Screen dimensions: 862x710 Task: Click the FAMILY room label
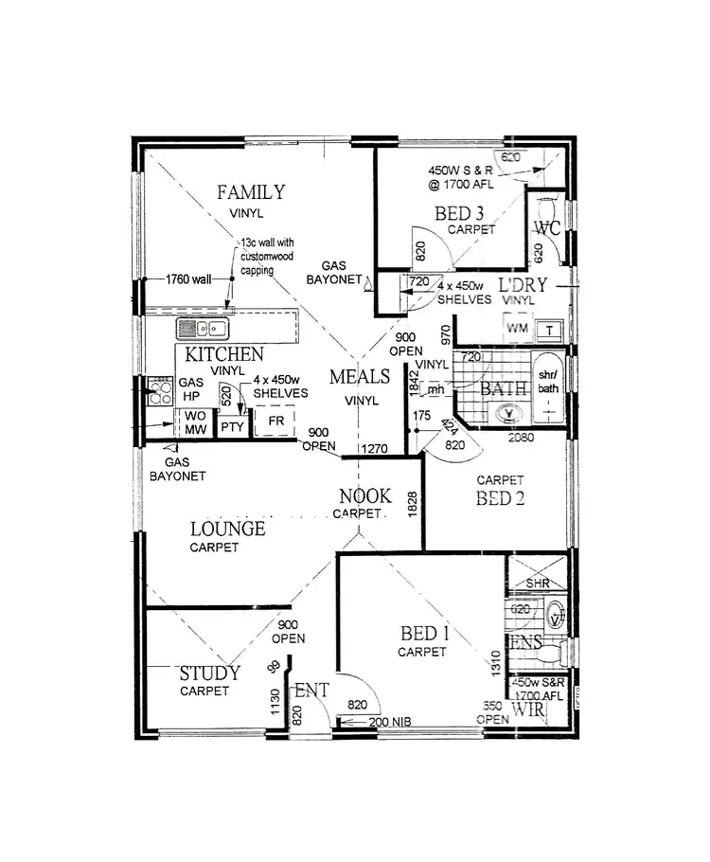click(x=250, y=192)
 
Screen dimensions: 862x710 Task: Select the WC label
click(x=547, y=228)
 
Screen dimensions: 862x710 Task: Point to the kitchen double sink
click(x=203, y=330)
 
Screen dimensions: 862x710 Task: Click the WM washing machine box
click(x=517, y=328)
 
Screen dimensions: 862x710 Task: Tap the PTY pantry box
click(x=232, y=427)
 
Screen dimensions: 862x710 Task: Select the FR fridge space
click(x=276, y=420)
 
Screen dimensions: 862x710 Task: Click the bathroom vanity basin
click(x=507, y=414)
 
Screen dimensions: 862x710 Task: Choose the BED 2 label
click(x=500, y=498)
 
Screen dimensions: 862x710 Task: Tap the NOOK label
click(x=360, y=496)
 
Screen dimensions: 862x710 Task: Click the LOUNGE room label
click(x=227, y=530)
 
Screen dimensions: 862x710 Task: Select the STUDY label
click(x=209, y=673)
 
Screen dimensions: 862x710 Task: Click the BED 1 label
click(x=421, y=634)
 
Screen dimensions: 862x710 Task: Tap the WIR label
click(x=526, y=709)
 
